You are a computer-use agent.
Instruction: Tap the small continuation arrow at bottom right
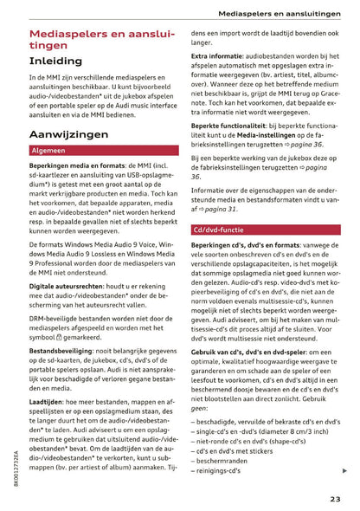(x=345, y=470)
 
